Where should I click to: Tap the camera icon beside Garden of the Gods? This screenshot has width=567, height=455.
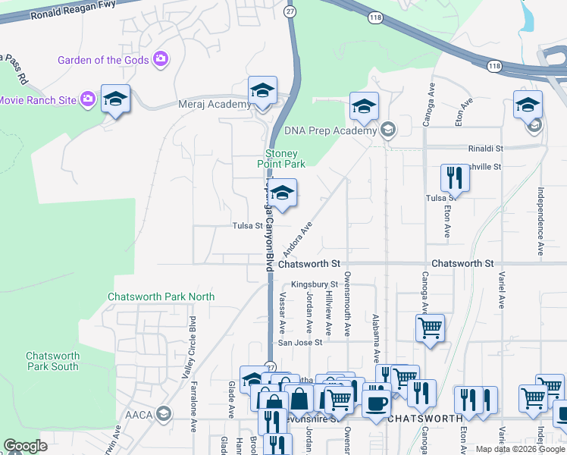pyautogui.click(x=160, y=58)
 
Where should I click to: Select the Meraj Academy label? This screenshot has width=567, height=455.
pyautogui.click(x=214, y=105)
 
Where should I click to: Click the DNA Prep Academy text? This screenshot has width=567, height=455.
pyautogui.click(x=330, y=130)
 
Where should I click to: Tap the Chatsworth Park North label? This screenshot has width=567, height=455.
pyautogui.click(x=161, y=297)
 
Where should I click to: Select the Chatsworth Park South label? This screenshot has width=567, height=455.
pyautogui.click(x=52, y=361)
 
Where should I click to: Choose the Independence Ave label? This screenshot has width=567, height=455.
pyautogui.click(x=541, y=221)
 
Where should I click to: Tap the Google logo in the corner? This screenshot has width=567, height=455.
pyautogui.click(x=26, y=446)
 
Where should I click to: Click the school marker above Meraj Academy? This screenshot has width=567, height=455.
pyautogui.click(x=262, y=93)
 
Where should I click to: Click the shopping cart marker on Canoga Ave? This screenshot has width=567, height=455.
pyautogui.click(x=429, y=328)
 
